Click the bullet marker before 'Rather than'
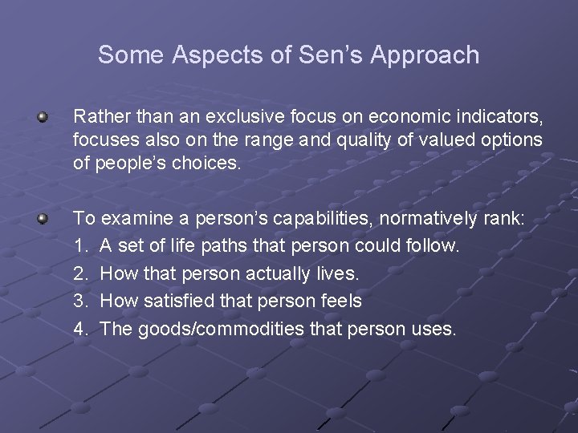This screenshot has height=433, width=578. click(x=43, y=118)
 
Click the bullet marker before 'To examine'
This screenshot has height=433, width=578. click(x=43, y=218)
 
